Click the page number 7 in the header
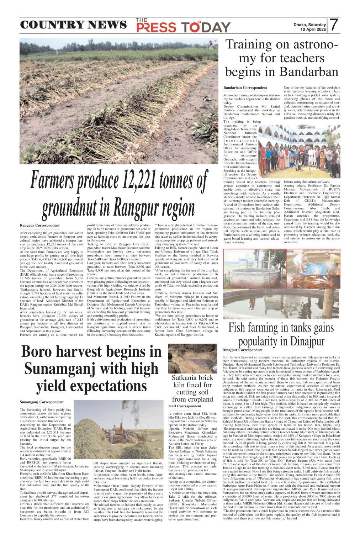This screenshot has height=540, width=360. click(x=334, y=25)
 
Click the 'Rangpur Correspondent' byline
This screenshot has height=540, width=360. click(x=39, y=226)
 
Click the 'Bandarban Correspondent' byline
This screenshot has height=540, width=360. click(x=245, y=88)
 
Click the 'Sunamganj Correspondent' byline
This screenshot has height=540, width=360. click(x=42, y=402)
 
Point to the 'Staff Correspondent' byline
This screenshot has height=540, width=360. click(x=185, y=406)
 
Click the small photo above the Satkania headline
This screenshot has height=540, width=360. click(x=192, y=358)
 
